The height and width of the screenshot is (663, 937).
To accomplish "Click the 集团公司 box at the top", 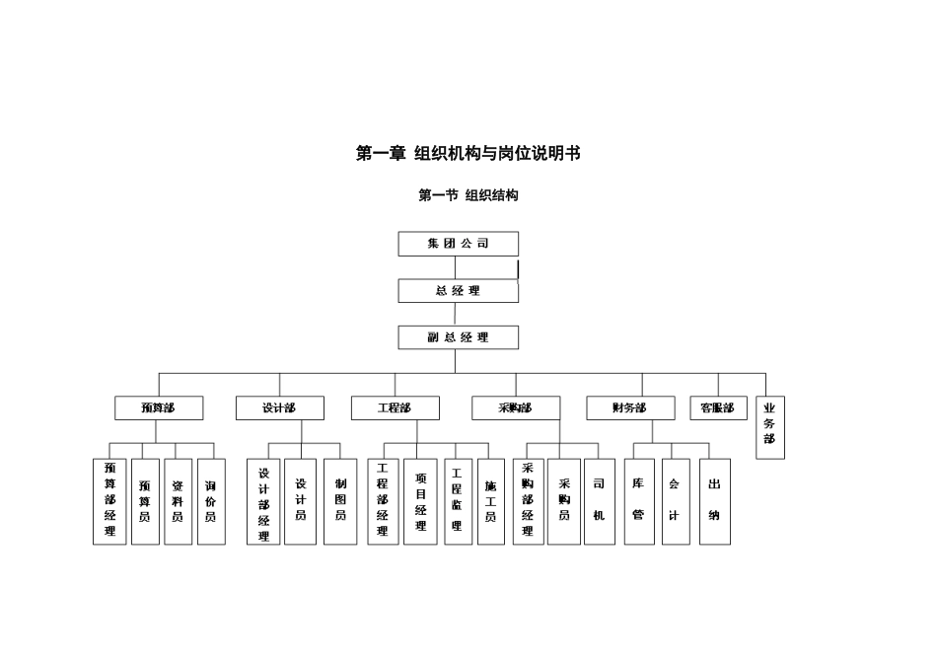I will click(x=458, y=244).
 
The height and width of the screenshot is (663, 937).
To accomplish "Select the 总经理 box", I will click(x=458, y=291).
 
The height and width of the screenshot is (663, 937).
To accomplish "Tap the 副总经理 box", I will click(x=458, y=337).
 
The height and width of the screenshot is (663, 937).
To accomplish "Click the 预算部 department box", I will click(x=158, y=407).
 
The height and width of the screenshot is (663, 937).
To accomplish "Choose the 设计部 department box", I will click(x=279, y=407).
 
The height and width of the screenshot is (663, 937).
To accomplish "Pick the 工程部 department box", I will click(x=395, y=407).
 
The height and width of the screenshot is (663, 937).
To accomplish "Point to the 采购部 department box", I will click(x=515, y=407).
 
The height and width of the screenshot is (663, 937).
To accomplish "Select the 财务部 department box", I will click(x=630, y=407).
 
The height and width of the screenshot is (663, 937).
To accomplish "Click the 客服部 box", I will click(x=717, y=407).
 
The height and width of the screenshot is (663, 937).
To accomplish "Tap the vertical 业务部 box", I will click(x=770, y=428).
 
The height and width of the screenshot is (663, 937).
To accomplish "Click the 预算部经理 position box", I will click(x=109, y=501).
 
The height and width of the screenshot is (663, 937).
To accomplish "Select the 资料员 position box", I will click(x=178, y=501).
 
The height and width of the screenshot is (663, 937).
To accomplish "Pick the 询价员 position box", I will click(x=210, y=501).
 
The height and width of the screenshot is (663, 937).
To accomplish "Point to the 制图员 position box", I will click(x=340, y=501).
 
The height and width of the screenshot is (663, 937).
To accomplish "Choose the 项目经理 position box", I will click(x=420, y=501).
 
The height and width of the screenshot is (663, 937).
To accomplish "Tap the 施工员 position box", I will click(x=490, y=501).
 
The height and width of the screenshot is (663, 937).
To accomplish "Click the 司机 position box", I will click(x=599, y=501).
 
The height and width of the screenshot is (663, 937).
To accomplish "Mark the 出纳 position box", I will click(x=714, y=501).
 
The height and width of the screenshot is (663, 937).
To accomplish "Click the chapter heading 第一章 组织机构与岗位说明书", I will click(x=468, y=153).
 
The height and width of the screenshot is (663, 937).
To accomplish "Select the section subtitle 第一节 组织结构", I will click(x=468, y=195).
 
